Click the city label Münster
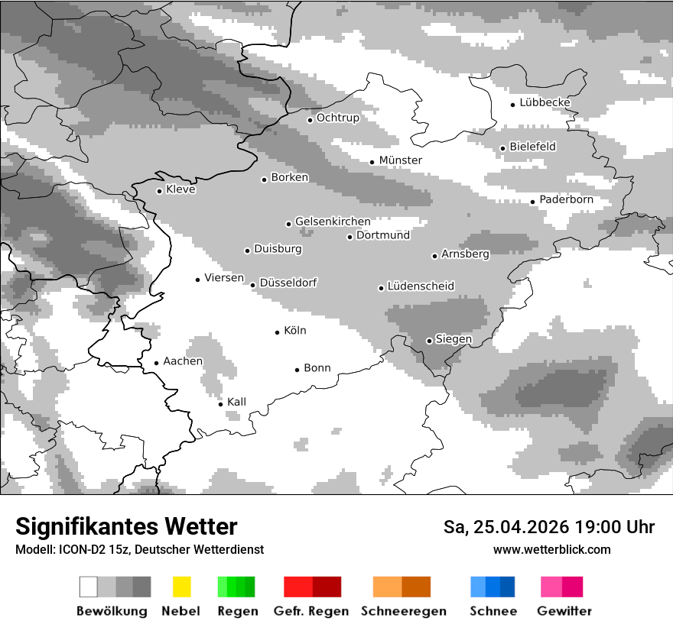tap(400, 160)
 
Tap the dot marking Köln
tap(278, 332)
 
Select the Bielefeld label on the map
tap(532, 147)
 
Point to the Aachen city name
tap(183, 361)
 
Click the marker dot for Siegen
tap(429, 341)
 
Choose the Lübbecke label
tap(545, 103)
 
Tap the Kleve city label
tap(180, 189)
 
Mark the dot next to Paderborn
tap(533, 202)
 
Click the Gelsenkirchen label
tap(333, 222)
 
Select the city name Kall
tap(236, 402)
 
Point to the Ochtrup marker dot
tap(310, 119)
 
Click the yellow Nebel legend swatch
tap(182, 587)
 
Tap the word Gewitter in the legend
tap(564, 611)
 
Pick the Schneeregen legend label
tap(403, 611)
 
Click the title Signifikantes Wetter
tap(126, 527)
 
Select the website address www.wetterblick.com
tap(551, 549)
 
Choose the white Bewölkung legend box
tap(89, 587)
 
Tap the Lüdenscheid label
tap(421, 286)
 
